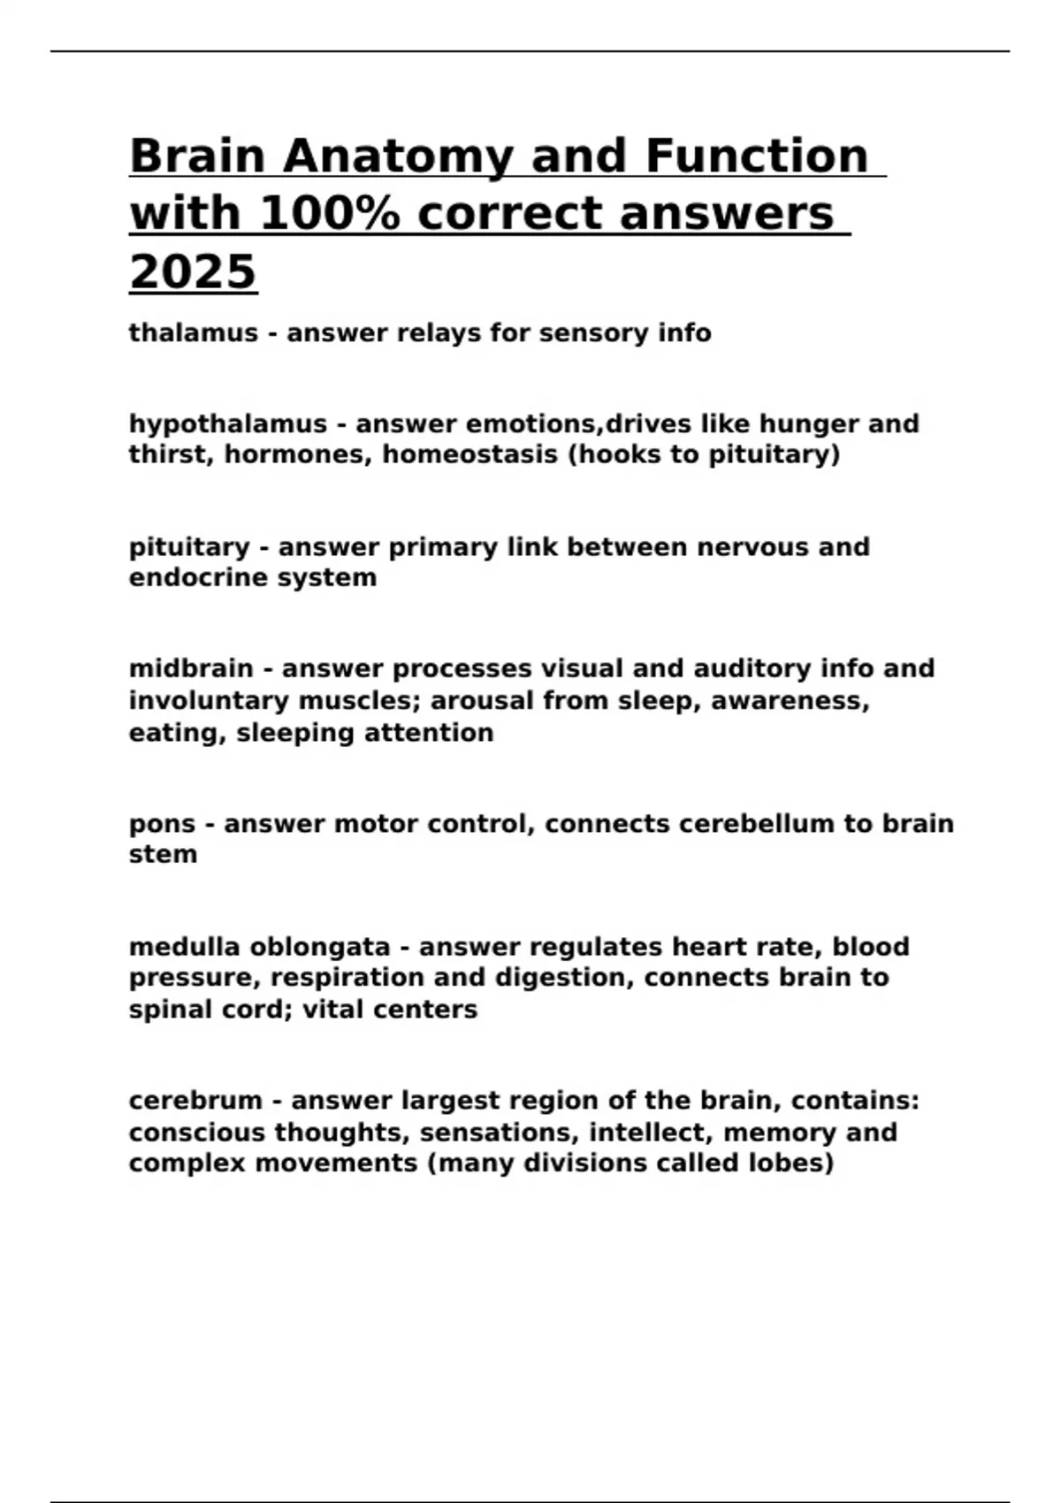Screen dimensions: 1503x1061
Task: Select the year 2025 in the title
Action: click(193, 271)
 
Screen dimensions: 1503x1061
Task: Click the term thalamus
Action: click(194, 333)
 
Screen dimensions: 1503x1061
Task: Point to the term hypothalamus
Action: click(228, 424)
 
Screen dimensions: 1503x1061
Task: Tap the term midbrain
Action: click(191, 668)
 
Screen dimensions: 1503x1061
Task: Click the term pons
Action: click(161, 824)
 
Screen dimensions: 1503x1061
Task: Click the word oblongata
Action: click(320, 947)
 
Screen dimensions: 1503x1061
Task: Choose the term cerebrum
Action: click(195, 1101)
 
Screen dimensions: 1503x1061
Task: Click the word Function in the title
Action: click(757, 156)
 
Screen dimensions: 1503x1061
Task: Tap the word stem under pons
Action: click(163, 855)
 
